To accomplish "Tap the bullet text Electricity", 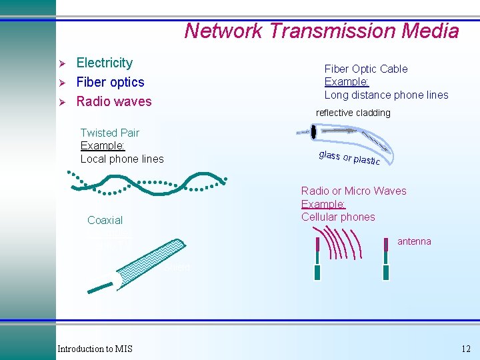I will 105,63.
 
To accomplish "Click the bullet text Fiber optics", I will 110,82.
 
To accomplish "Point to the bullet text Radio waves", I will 114,101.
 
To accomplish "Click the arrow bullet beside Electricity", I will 62,63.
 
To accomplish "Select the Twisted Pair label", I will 109,133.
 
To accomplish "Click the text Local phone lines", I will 122,159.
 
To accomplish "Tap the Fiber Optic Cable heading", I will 365,69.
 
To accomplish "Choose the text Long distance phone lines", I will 386,95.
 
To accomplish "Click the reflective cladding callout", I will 353,113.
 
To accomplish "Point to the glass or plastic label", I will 349,158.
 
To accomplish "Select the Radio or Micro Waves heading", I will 353,191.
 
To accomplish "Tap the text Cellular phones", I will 338,217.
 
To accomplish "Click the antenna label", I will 414,241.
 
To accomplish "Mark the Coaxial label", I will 105,220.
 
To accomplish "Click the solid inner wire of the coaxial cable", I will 100,287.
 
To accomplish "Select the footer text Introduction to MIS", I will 95,349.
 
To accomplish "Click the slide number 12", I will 465,349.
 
